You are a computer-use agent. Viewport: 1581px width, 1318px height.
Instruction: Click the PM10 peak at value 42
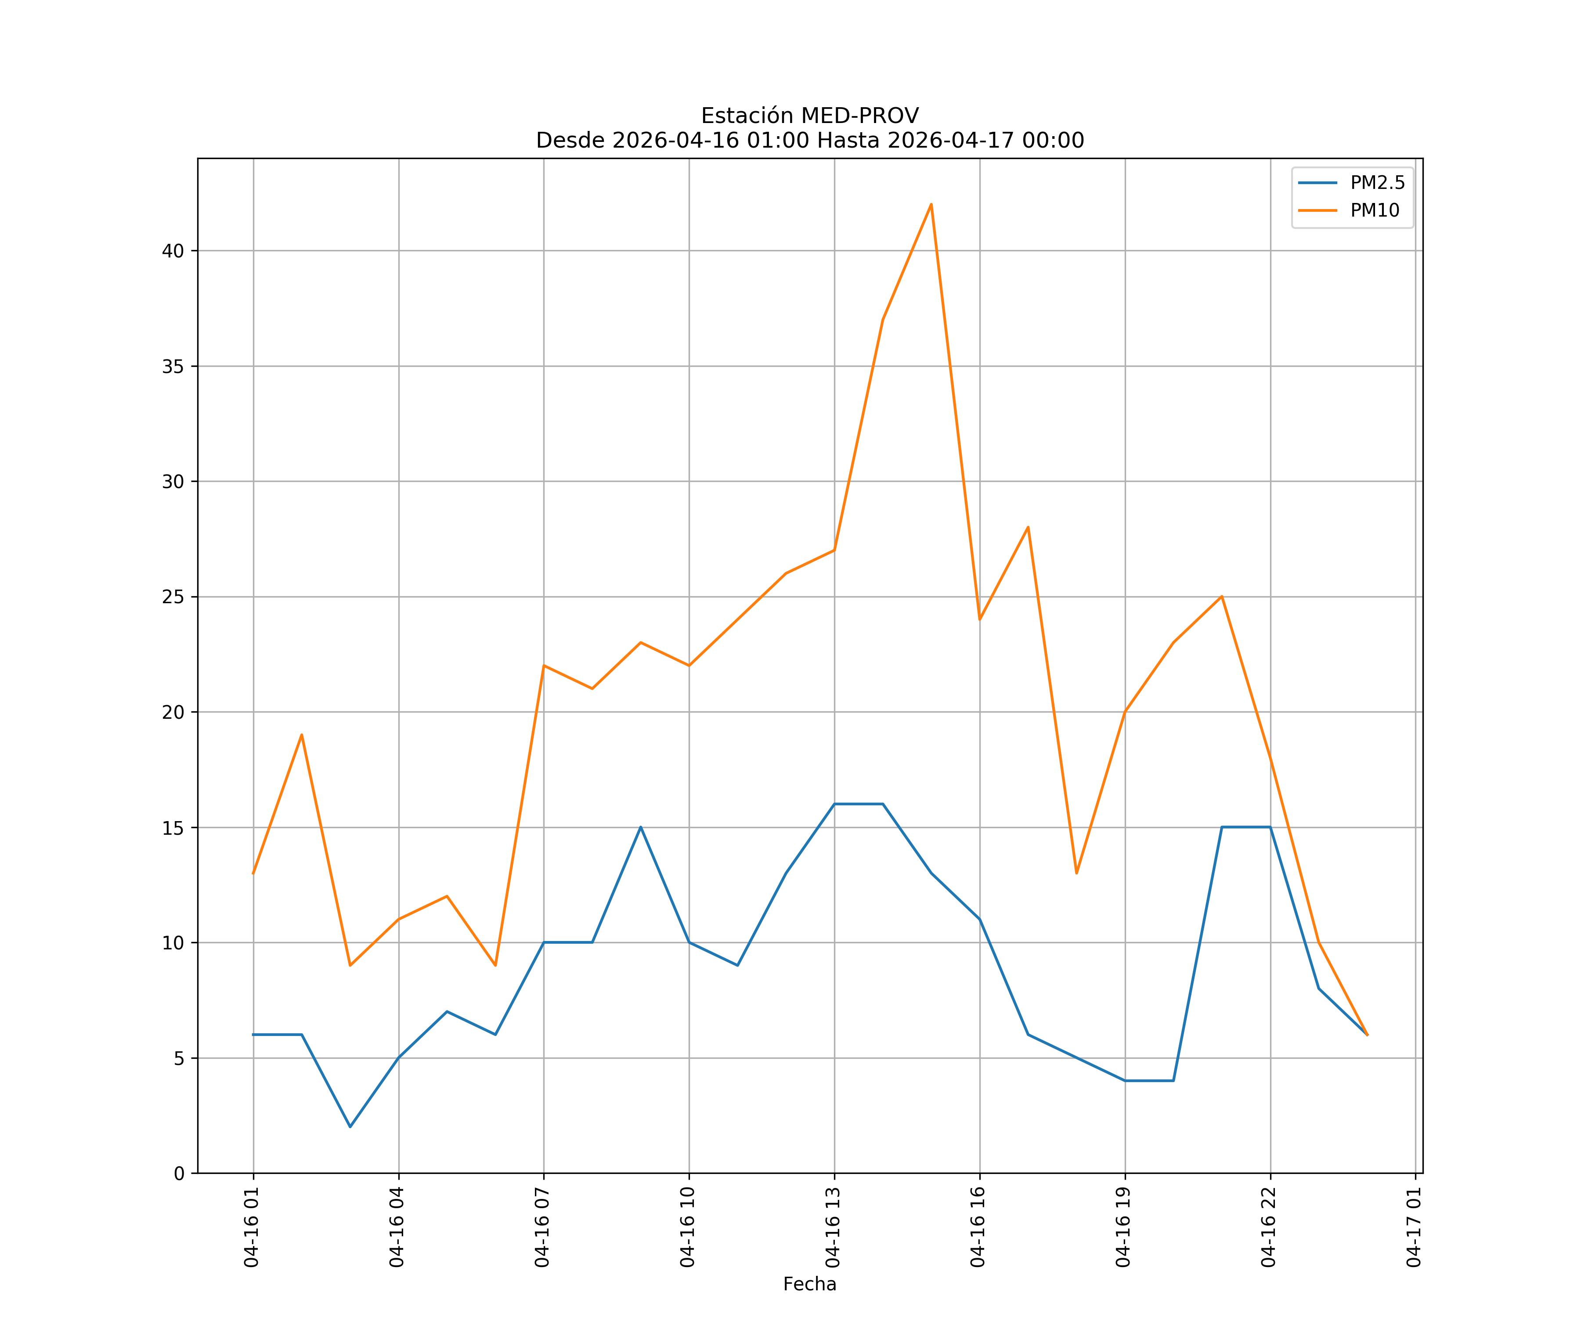pos(931,204)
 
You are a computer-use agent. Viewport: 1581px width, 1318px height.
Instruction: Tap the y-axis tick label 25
pos(173,597)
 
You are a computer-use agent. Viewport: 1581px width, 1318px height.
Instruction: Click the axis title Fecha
pos(809,1284)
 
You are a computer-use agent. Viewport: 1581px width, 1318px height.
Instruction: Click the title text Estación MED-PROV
pos(809,116)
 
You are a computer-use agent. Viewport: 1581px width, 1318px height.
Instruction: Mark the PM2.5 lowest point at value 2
pos(350,1127)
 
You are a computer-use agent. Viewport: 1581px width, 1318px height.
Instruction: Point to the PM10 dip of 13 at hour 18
pos(1076,873)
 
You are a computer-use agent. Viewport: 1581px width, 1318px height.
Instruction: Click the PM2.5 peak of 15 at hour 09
pos(641,827)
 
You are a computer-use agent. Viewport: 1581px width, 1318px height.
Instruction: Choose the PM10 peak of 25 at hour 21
pos(1222,597)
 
